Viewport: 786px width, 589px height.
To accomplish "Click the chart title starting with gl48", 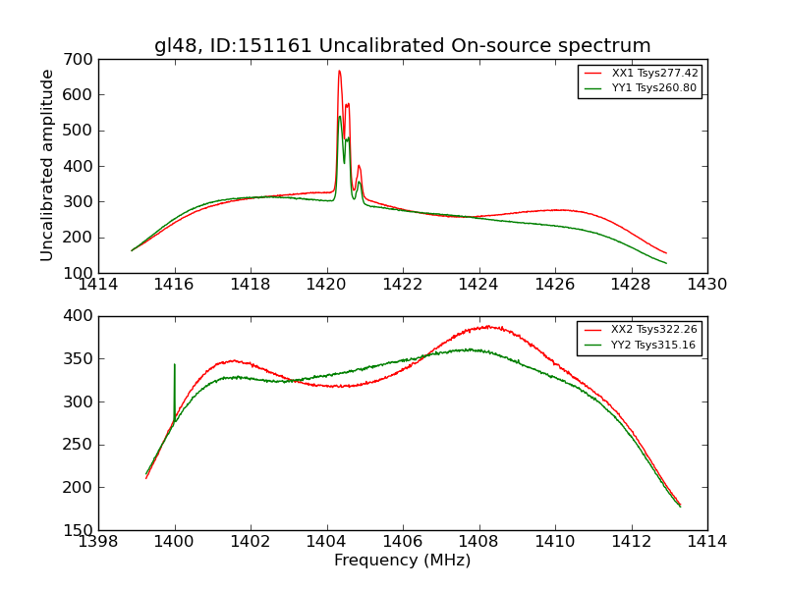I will tap(402, 46).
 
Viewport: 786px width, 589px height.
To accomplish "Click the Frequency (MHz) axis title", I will tap(402, 561).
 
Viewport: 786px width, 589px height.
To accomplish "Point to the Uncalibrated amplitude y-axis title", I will tap(47, 165).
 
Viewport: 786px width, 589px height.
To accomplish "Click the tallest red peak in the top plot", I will tap(339, 71).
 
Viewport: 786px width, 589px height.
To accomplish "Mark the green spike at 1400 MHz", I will tap(175, 365).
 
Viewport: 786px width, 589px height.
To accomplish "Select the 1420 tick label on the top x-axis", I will tap(326, 285).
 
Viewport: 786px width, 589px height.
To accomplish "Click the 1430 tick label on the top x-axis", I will tap(706, 285).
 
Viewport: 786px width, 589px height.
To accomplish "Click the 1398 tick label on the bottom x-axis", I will tap(98, 542).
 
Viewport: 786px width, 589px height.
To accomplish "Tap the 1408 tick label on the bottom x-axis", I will tap(478, 542).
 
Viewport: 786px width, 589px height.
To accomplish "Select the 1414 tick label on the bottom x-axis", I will tap(706, 542).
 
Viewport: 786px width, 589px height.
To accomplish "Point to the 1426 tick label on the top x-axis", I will tap(554, 285).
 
